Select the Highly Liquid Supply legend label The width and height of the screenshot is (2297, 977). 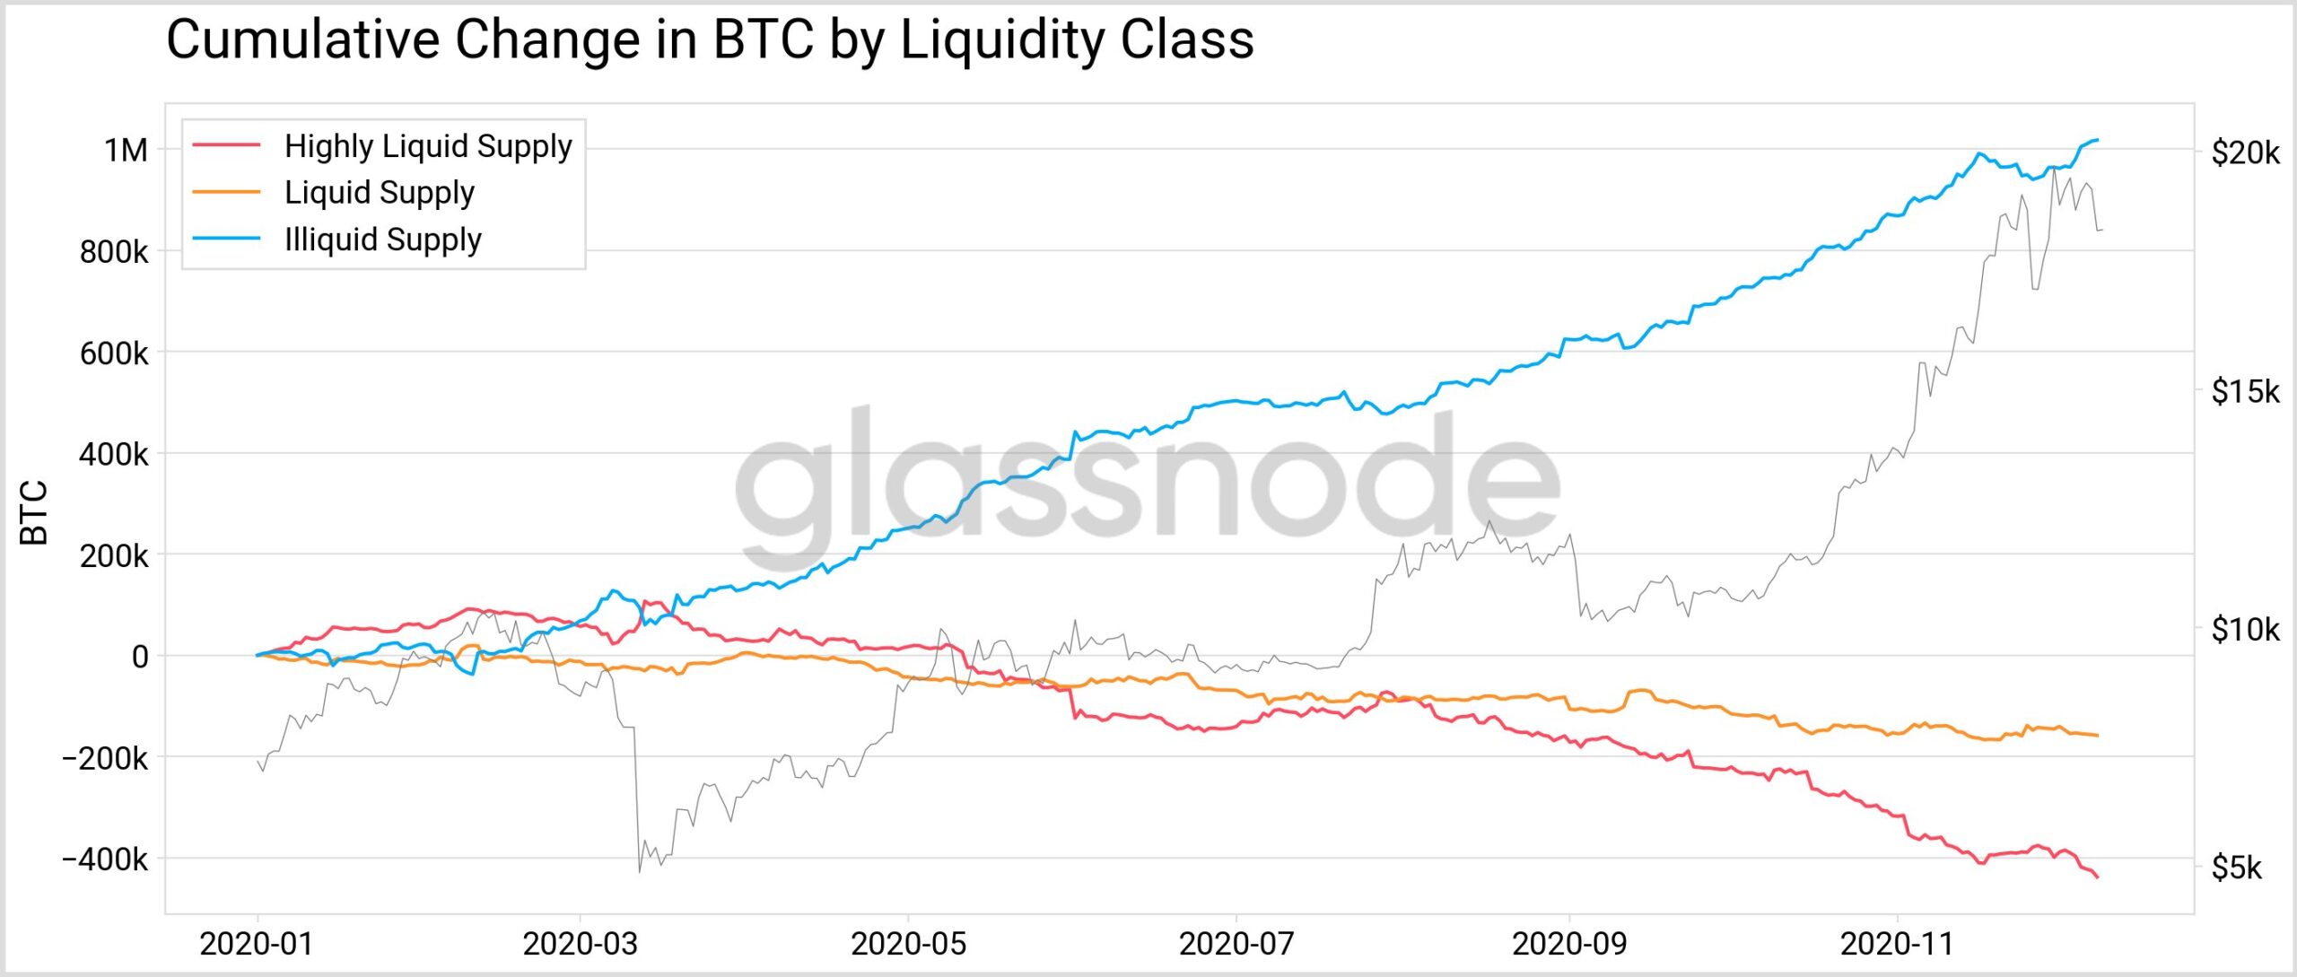428,146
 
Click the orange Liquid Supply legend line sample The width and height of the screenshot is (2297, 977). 226,193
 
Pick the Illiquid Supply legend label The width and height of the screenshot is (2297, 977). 383,240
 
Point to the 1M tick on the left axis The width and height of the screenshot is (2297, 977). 126,150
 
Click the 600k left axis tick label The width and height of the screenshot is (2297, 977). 114,353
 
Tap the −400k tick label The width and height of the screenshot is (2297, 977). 105,859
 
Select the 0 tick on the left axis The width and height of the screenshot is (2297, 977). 140,657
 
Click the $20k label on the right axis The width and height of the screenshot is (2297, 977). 2244,153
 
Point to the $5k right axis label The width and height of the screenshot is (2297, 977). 2236,868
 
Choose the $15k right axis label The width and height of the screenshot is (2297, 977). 2244,391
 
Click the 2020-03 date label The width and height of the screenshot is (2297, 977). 580,944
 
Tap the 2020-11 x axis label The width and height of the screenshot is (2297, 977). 1897,944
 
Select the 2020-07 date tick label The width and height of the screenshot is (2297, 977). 1236,944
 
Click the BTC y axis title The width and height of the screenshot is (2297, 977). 34,513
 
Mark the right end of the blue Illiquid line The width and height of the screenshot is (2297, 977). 2097,140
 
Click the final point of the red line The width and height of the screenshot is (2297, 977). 2097,877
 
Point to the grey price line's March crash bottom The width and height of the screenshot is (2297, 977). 639,871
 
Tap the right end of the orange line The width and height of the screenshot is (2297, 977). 2097,736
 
